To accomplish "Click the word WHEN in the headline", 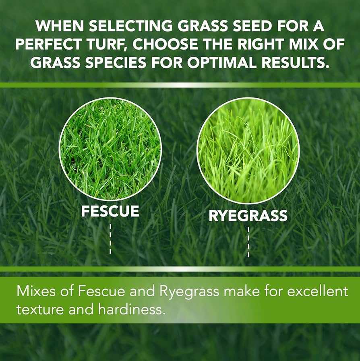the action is [x=60, y=26].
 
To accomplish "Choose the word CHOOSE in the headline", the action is [x=165, y=44].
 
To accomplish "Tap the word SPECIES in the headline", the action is [x=116, y=62].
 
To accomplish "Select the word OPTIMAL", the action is [x=221, y=62].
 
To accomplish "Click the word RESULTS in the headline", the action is [x=294, y=62].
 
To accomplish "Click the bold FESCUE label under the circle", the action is [x=110, y=211].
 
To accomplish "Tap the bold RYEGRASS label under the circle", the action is [x=248, y=216].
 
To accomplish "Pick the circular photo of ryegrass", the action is [x=248, y=151].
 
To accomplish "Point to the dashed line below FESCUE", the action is [x=110, y=239].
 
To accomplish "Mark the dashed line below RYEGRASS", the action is [x=248, y=242].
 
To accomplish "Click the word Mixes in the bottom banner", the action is [x=36, y=291].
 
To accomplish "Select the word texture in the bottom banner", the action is [x=40, y=309].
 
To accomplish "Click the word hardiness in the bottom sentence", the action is [x=132, y=309].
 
